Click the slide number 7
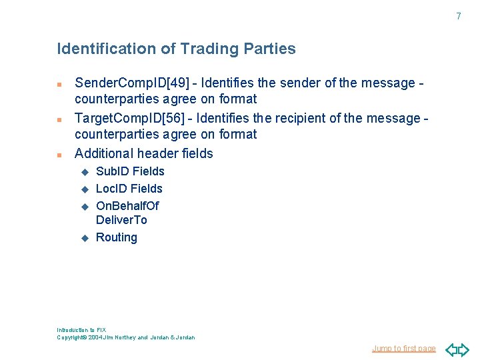click(x=458, y=16)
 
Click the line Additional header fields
click(x=144, y=153)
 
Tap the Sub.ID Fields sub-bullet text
click(x=130, y=171)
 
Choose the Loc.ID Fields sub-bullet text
click(x=129, y=189)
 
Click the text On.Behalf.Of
click(x=127, y=205)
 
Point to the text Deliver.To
click(x=121, y=220)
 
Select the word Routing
click(x=117, y=237)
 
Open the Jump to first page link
click(x=404, y=349)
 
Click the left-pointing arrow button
click(x=451, y=349)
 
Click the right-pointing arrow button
click(x=464, y=349)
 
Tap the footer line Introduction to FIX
click(x=81, y=330)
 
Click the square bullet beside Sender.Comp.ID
click(x=59, y=85)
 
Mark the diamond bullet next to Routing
click(x=85, y=238)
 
